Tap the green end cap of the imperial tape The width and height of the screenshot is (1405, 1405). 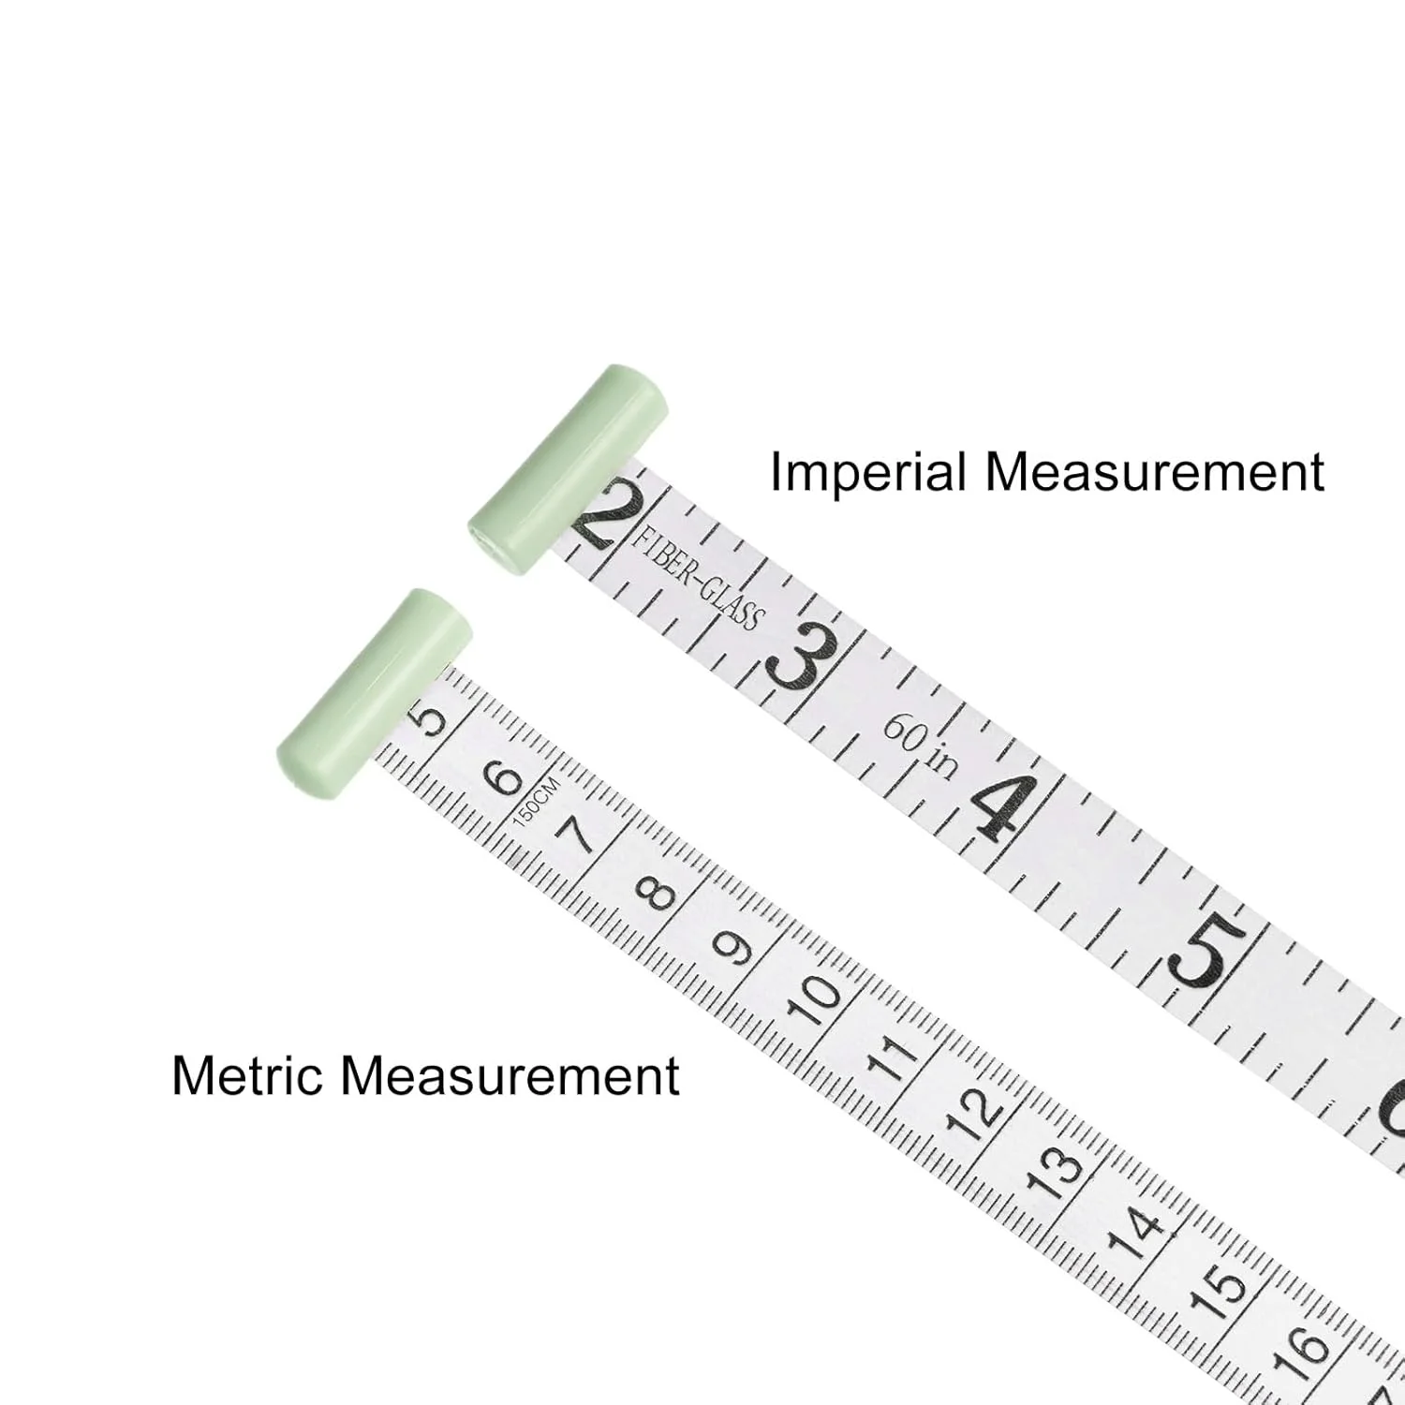568,468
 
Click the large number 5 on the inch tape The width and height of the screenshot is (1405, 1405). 1207,952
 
